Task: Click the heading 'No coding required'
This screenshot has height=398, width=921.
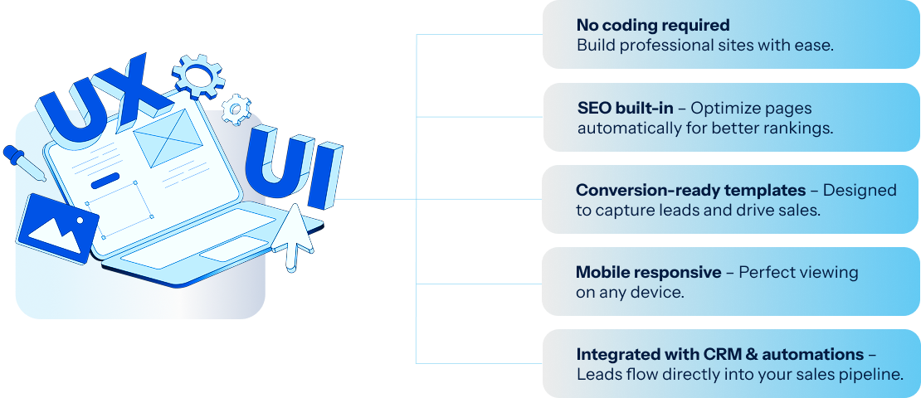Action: [652, 25]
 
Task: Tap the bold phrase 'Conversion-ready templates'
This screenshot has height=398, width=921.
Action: [690, 190]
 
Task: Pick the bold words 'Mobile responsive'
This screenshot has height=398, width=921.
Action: [649, 272]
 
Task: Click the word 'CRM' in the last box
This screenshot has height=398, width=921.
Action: [723, 355]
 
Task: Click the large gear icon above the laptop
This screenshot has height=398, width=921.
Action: [198, 75]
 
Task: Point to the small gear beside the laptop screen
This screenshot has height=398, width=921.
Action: [236, 109]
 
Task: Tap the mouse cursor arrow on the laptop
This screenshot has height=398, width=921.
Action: [293, 236]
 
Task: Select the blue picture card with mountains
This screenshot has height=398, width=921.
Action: [57, 228]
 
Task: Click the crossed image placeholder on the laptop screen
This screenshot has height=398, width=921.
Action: [168, 138]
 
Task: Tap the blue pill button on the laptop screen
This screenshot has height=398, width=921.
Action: [105, 181]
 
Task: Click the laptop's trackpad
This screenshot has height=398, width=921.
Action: [234, 249]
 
